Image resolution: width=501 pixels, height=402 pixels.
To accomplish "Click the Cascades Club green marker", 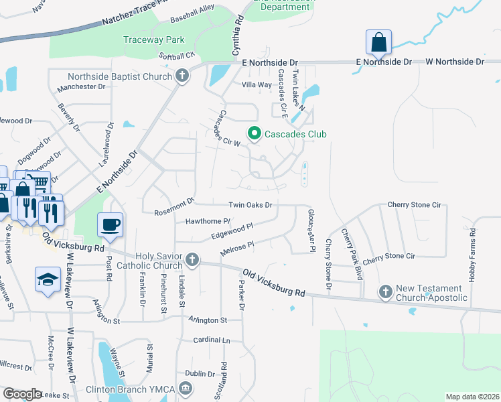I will point(254,134).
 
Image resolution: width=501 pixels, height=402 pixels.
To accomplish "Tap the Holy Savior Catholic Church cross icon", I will point(193,259).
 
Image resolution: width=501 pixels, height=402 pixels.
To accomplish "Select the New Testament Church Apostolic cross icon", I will point(385,291).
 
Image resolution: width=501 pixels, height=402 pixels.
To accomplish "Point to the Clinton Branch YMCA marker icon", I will point(186,388).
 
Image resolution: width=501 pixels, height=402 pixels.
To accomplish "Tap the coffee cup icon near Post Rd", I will point(110,224).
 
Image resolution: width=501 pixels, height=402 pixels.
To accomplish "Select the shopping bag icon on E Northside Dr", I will point(378,42).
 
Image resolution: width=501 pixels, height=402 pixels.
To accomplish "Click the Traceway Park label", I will point(153,40).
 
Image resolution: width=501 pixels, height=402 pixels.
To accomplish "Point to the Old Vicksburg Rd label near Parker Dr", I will point(274,284).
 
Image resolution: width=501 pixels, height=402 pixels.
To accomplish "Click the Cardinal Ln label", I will point(211,340).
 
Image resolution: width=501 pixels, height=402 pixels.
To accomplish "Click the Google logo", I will point(22,393).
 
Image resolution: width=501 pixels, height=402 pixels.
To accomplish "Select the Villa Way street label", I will point(257,85).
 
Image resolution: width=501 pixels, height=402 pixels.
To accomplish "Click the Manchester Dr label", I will point(82,87).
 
